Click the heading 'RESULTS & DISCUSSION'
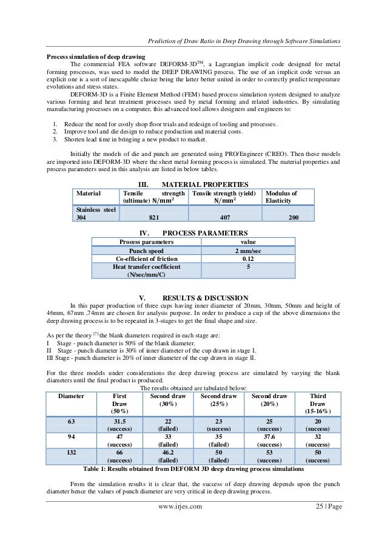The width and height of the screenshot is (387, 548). (x=206, y=297)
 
